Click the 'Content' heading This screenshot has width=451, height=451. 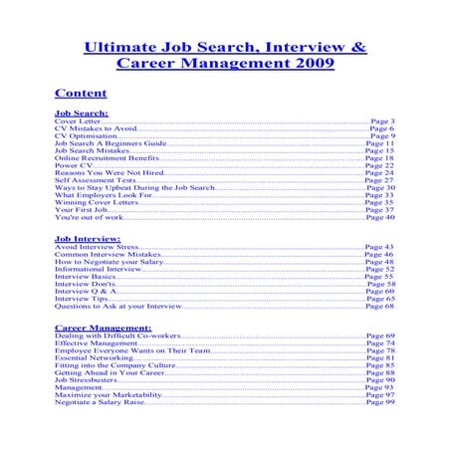point(81,95)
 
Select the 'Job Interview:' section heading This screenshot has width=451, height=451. point(88,240)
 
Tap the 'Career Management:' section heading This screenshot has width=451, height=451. point(103,327)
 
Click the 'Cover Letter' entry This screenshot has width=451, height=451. point(78,121)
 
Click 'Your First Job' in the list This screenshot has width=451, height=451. point(81,210)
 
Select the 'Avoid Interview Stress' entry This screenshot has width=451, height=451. point(97,247)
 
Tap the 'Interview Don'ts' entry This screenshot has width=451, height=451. point(85,284)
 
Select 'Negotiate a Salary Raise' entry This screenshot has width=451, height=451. point(100,401)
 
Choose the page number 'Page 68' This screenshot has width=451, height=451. point(379,306)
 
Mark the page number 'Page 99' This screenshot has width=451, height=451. point(379,401)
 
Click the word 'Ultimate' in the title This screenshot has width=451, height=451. point(120,46)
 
